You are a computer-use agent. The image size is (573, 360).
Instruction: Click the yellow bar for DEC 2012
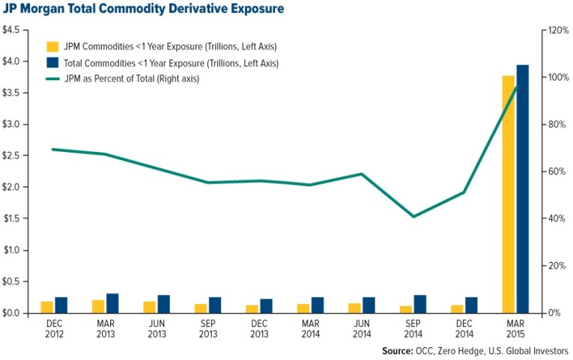(x=46, y=307)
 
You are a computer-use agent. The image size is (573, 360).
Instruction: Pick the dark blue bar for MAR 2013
(x=112, y=303)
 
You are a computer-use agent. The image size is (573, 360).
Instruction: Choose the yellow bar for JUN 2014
(x=354, y=308)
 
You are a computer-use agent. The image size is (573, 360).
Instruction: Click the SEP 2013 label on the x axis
(x=207, y=329)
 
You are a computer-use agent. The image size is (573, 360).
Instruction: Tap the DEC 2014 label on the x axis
(x=464, y=329)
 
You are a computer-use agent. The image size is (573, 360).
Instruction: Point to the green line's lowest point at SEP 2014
(x=413, y=217)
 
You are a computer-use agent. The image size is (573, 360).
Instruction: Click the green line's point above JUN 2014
(x=362, y=174)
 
